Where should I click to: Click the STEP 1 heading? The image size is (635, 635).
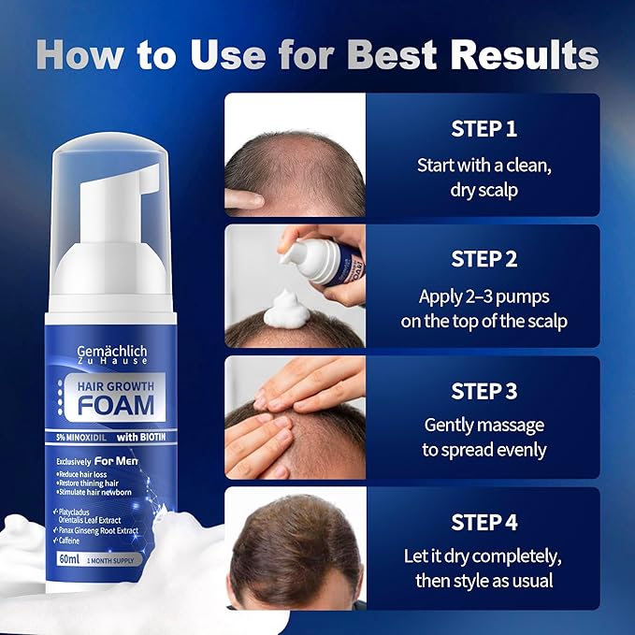coord(483,129)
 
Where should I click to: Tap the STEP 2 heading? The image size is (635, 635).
coord(483,259)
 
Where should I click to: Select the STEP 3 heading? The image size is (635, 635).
coord(483,391)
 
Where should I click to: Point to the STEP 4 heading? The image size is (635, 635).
coord(483,522)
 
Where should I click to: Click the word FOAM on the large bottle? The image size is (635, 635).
coord(116,405)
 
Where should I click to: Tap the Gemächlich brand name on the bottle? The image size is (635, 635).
coord(112,351)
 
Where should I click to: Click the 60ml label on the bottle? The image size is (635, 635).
coord(69,559)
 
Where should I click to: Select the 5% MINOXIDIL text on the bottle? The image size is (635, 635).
coord(81,438)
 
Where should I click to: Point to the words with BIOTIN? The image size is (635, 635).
coord(141,437)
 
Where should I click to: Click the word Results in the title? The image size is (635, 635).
coord(525,54)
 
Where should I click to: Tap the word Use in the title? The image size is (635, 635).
coord(228,54)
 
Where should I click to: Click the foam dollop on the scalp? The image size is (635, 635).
coord(287,310)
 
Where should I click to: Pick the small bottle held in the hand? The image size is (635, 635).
coord(324,261)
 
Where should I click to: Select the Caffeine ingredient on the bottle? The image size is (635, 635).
coord(69,541)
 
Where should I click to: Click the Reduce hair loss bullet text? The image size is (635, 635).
coord(82,474)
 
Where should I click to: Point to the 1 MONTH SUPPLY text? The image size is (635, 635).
coord(110,560)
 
